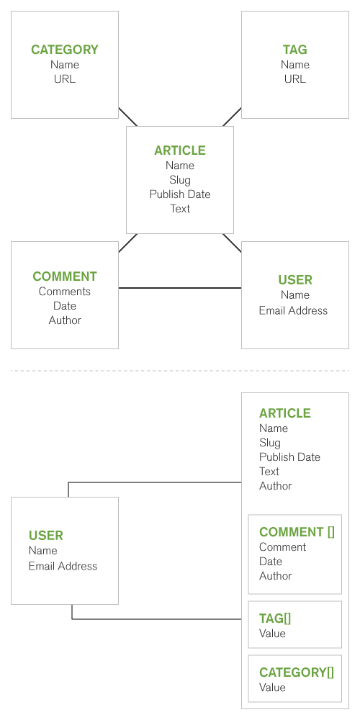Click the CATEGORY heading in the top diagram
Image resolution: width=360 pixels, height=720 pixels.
(x=65, y=50)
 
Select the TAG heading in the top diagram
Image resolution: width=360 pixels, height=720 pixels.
(x=294, y=50)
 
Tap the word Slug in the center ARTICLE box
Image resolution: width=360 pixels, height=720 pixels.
(x=180, y=180)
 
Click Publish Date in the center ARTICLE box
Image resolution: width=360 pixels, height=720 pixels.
(x=180, y=194)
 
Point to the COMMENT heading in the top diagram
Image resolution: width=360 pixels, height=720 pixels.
(x=65, y=276)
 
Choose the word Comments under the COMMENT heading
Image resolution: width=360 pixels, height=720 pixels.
(x=65, y=292)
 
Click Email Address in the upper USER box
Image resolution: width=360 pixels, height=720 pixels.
(x=294, y=310)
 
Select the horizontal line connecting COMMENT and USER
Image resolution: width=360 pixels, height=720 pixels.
(x=180, y=288)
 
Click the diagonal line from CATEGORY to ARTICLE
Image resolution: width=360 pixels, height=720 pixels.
(x=127, y=117)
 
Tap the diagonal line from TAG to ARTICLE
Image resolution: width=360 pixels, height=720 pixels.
(x=233, y=117)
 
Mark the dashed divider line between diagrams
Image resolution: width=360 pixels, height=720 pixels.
(x=180, y=371)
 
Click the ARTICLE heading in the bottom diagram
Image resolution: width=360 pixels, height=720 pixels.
(x=284, y=413)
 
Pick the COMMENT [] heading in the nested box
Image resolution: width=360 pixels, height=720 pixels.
(x=297, y=532)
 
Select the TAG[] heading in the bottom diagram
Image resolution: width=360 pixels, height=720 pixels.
(x=275, y=618)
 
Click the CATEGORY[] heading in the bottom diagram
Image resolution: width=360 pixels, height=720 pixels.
(x=297, y=672)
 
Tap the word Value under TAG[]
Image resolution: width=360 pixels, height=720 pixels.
(x=272, y=633)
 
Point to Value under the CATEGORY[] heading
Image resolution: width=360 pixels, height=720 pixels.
(x=272, y=688)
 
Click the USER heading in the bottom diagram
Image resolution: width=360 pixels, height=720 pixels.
(x=46, y=536)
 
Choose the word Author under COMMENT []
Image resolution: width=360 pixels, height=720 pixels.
(x=276, y=576)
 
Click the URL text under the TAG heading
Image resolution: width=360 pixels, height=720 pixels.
(x=294, y=79)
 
